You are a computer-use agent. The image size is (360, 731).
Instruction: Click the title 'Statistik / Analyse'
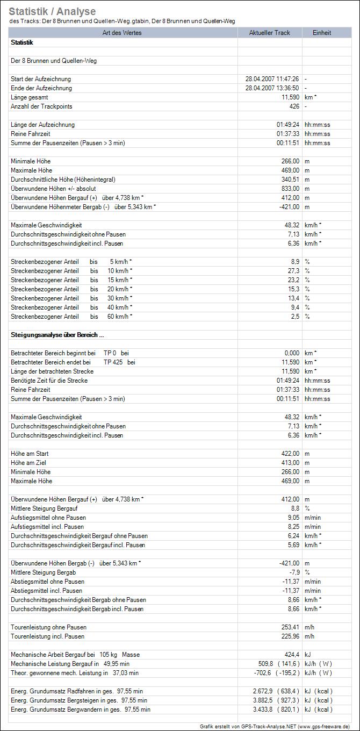(52, 11)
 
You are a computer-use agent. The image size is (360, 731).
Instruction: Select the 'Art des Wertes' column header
(124, 33)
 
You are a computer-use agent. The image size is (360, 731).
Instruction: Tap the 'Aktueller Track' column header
(269, 33)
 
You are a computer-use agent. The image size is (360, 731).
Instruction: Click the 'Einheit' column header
(322, 33)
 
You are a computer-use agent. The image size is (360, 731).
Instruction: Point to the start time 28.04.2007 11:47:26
(272, 79)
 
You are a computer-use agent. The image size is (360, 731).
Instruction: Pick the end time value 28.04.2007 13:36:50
(272, 88)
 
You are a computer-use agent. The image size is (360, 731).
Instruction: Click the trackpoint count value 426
(294, 106)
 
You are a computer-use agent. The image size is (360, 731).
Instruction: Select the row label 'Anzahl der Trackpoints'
(41, 106)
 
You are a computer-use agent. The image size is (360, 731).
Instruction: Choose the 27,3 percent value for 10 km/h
(293, 271)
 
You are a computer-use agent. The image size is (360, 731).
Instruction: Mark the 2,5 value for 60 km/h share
(295, 317)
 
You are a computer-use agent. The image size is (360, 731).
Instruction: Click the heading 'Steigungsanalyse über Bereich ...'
(54, 335)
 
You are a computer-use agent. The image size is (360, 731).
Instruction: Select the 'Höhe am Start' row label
(30, 454)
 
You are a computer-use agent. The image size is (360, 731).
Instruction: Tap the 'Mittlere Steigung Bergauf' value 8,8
(295, 508)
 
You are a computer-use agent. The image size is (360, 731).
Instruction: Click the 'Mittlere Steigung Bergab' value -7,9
(294, 572)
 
